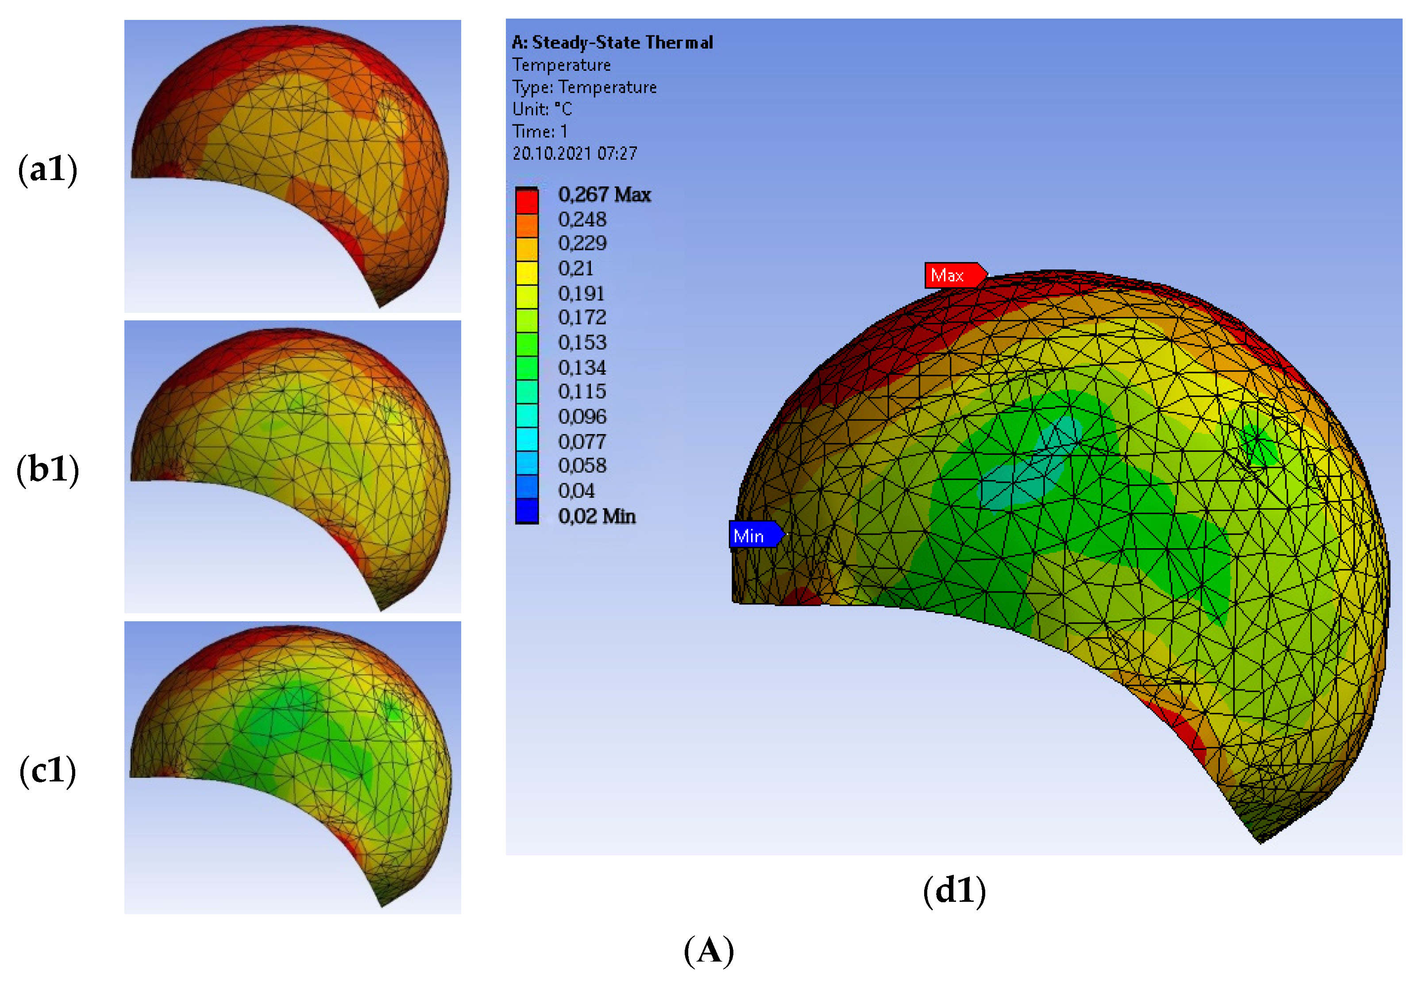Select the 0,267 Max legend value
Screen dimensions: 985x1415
604,195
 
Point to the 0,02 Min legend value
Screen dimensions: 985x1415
596,516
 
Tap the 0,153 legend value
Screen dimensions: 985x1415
582,342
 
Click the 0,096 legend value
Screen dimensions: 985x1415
582,417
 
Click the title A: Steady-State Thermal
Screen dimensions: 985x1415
612,42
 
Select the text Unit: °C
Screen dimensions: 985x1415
542,109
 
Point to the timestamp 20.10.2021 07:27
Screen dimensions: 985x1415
574,154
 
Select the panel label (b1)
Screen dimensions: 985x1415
47,469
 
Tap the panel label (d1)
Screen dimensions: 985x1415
954,891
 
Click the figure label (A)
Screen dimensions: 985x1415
708,950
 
